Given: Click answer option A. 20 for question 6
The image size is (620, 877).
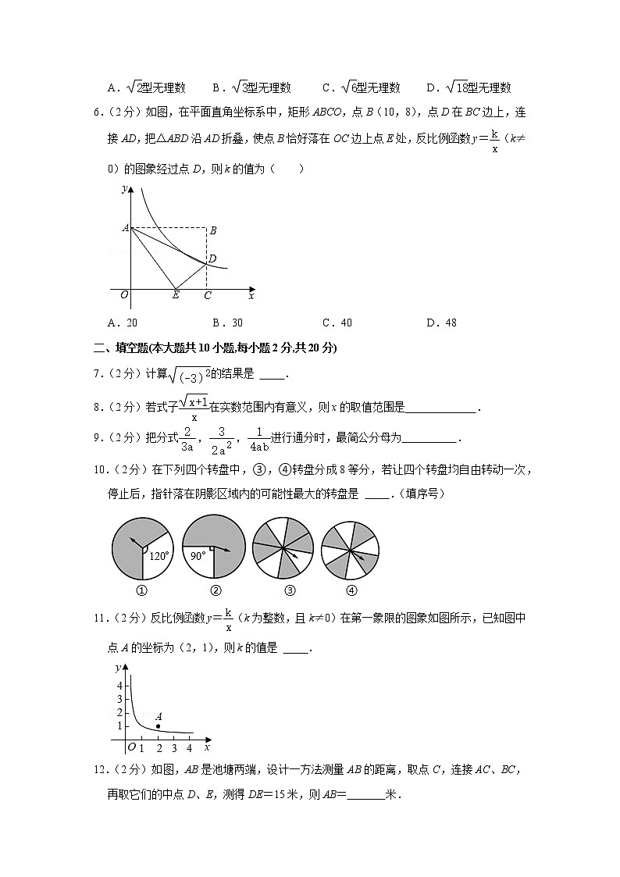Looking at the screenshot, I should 123,323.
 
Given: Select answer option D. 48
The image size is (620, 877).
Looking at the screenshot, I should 441,323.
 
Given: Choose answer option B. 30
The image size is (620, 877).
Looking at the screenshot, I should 227,323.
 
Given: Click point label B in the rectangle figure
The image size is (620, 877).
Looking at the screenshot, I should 212,230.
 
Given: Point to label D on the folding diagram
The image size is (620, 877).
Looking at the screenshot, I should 212,258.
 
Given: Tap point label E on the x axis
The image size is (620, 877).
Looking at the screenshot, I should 176,295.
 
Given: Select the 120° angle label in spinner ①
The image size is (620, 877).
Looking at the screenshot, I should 159,556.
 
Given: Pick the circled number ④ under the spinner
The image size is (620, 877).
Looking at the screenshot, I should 351,590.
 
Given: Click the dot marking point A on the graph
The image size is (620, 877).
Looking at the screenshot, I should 158,726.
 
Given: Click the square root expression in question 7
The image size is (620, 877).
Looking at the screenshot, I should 190,375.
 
